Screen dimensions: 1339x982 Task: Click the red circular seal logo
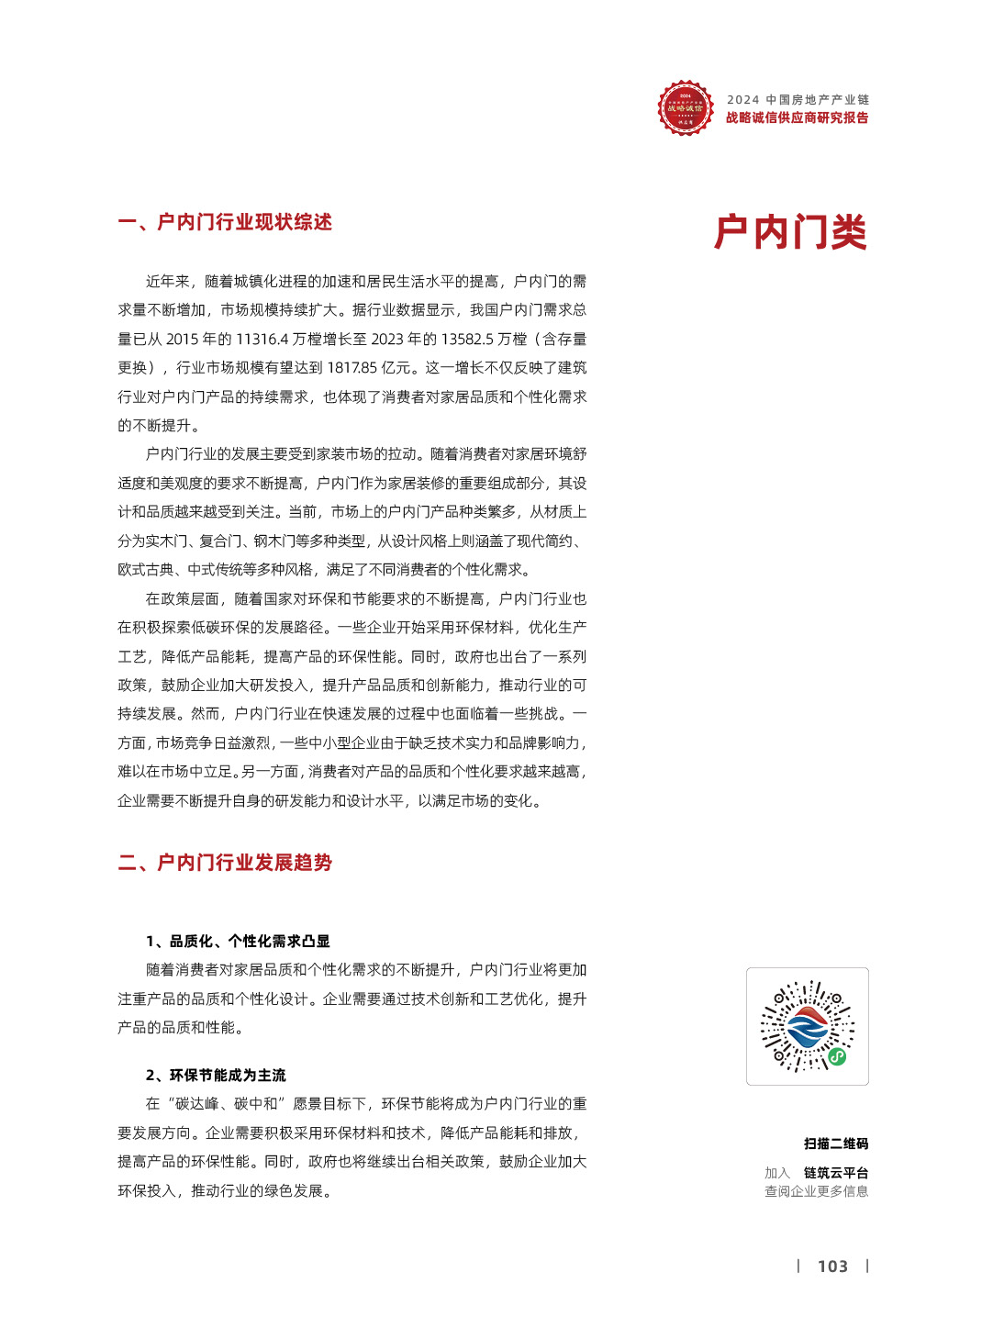[x=685, y=107]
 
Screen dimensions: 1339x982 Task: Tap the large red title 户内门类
[x=790, y=232]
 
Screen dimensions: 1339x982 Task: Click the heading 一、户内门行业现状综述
[x=225, y=222]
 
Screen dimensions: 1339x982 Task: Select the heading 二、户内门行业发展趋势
[x=225, y=863]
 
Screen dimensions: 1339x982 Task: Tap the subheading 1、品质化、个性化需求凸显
[x=238, y=941]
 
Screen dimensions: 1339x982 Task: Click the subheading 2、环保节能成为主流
[x=216, y=1075]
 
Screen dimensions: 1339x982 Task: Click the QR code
[x=807, y=1026]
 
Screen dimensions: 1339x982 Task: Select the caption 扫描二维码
[x=835, y=1144]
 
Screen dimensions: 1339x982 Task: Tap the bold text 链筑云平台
[x=835, y=1173]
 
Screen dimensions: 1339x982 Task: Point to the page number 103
[x=832, y=1266]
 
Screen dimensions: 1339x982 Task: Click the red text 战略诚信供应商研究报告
[x=797, y=117]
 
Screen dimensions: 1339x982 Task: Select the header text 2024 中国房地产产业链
[x=798, y=99]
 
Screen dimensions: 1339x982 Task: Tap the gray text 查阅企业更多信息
[x=816, y=1191]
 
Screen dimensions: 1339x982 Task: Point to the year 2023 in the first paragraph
[x=387, y=340]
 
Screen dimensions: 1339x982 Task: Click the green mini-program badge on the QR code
[x=837, y=1056]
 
